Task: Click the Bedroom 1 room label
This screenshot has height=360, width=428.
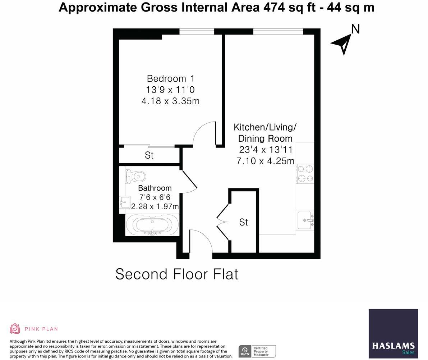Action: pyautogui.click(x=171, y=78)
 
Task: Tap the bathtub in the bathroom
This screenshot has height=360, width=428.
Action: pyautogui.click(x=152, y=225)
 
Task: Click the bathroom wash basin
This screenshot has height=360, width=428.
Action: pyautogui.click(x=124, y=202)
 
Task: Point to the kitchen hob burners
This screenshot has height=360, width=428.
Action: pyautogui.click(x=305, y=174)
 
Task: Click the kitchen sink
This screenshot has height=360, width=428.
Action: pyautogui.click(x=305, y=220)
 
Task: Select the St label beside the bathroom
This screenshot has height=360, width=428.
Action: pyautogui.click(x=149, y=155)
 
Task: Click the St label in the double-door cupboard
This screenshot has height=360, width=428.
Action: pyautogui.click(x=243, y=222)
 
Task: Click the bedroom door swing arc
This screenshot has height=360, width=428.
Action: pyautogui.click(x=203, y=133)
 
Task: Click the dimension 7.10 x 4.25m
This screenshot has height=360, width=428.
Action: pyautogui.click(x=265, y=161)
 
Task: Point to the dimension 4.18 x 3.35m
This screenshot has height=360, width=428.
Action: pyautogui.click(x=170, y=101)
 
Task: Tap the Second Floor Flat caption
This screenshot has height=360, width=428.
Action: pyautogui.click(x=176, y=274)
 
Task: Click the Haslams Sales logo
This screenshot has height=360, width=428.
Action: pyautogui.click(x=393, y=333)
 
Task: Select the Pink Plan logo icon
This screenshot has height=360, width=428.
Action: pyautogui.click(x=15, y=328)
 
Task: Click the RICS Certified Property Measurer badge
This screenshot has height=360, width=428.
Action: pyautogui.click(x=257, y=351)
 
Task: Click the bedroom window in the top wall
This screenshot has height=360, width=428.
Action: pyautogui.click(x=197, y=32)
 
